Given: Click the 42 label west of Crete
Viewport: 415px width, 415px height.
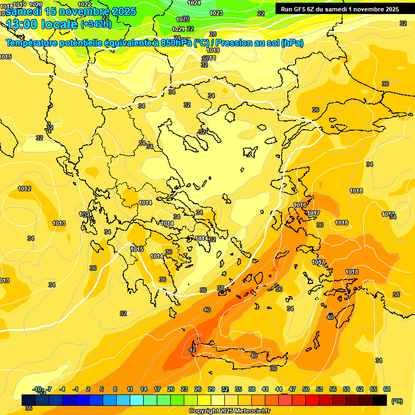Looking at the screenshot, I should tap(192, 350).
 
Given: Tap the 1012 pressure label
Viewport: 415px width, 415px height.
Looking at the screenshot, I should tap(24, 189).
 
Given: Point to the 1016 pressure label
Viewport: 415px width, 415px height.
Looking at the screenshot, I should tap(300, 205).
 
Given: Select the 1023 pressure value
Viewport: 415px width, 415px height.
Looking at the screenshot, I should tap(216, 13).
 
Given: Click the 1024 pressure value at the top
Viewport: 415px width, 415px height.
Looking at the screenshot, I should tap(194, 3).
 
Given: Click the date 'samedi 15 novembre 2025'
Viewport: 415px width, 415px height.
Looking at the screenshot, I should tap(71, 11).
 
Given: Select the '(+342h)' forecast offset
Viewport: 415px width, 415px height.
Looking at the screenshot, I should tap(96, 24).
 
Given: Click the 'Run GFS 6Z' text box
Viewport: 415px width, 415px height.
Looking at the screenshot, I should tap(340, 9).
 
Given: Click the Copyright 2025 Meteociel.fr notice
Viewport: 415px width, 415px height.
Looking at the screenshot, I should tap(229, 411).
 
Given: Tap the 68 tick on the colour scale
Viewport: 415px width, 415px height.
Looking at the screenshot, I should tap(387, 389).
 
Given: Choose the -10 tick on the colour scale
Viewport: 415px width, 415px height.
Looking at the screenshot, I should tap(37, 389).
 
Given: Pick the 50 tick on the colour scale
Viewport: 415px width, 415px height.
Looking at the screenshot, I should tap(306, 389).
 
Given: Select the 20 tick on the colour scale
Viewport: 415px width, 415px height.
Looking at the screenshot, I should tap(171, 389).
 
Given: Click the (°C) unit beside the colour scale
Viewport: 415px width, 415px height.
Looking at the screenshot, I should tap(397, 401).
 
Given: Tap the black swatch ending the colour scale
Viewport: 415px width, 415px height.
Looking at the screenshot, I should tap(380, 400).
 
